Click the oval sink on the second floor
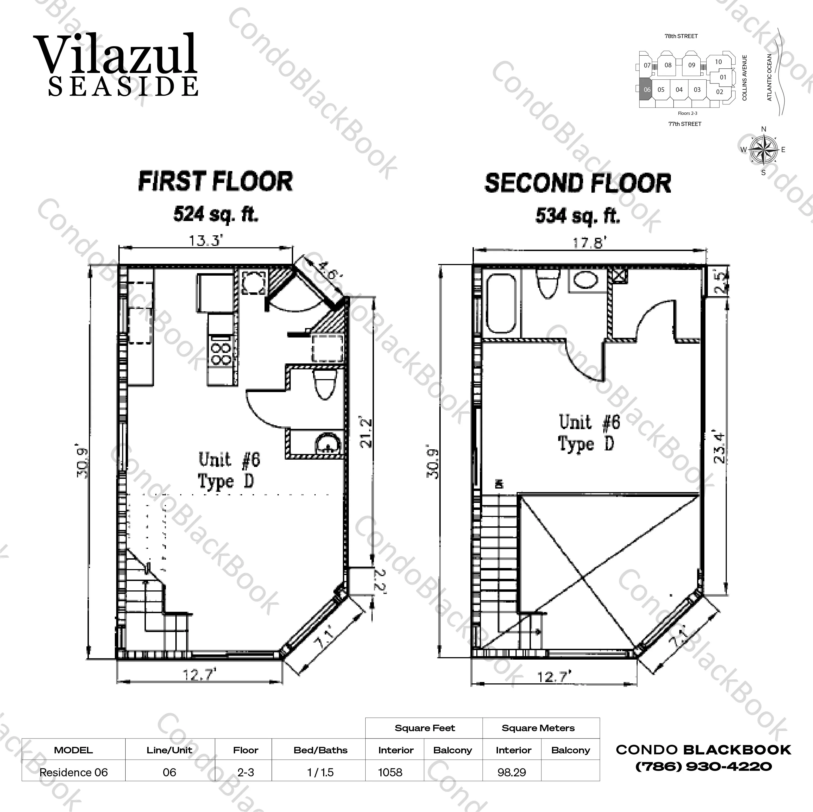pos(586,280)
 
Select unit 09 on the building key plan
pos(691,65)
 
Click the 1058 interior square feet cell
pos(390,773)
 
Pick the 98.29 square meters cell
pos(511,773)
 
